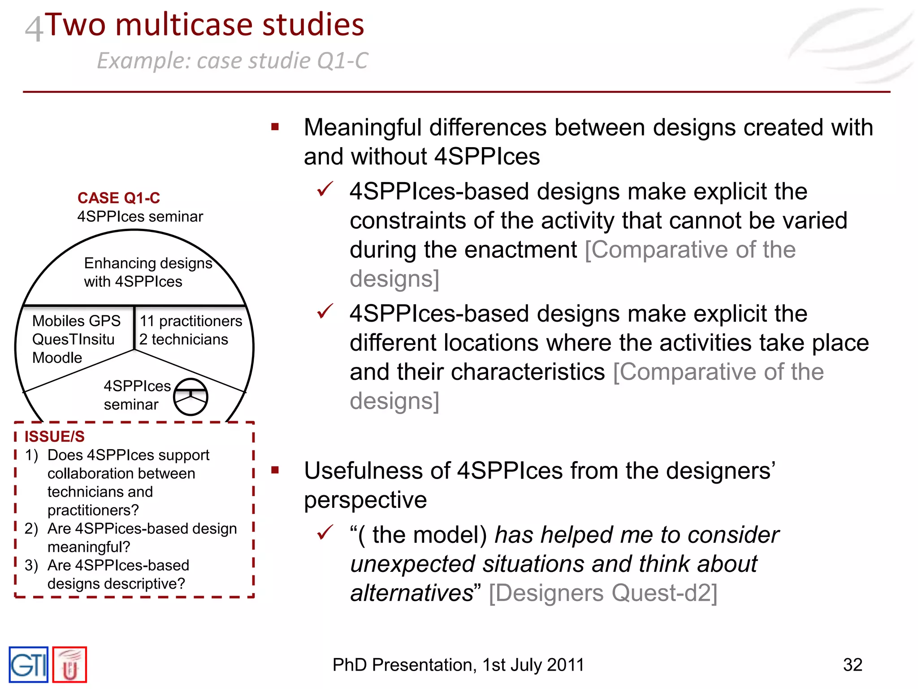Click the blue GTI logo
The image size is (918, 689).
coord(28,664)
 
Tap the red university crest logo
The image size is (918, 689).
coord(69,665)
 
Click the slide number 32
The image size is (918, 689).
coord(852,665)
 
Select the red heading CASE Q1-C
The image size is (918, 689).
coord(118,198)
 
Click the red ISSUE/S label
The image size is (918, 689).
coord(54,436)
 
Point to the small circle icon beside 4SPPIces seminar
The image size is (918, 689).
coord(191,397)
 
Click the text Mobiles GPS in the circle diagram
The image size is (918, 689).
coord(76,321)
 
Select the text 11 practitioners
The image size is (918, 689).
coord(191,321)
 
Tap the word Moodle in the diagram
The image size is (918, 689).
coord(57,358)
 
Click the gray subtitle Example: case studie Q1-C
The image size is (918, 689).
coord(232,61)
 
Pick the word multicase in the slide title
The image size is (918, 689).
coord(184,24)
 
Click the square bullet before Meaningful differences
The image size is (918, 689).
coord(275,127)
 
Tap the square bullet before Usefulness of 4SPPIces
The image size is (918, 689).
coord(275,470)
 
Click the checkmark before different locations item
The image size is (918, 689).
coord(325,311)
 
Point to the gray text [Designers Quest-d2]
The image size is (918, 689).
coord(603,593)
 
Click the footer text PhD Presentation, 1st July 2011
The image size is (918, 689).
coord(458,665)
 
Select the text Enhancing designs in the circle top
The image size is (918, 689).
coord(148,263)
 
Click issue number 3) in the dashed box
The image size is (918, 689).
coord(31,565)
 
